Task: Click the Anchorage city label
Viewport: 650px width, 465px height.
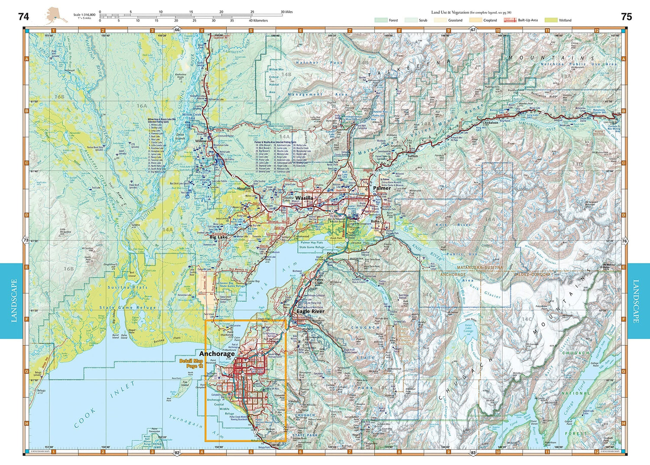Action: click(x=217, y=354)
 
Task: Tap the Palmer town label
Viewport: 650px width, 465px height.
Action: click(x=382, y=188)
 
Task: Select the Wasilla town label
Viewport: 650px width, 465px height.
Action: click(x=304, y=198)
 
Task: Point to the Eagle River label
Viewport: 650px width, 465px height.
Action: click(x=310, y=311)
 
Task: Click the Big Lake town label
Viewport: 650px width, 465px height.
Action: click(x=218, y=237)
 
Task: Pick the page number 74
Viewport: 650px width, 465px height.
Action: click(x=23, y=16)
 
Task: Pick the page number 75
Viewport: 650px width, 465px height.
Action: click(x=626, y=16)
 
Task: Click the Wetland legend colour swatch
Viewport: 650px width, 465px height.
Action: click(x=551, y=20)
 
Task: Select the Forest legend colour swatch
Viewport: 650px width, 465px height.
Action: click(x=381, y=20)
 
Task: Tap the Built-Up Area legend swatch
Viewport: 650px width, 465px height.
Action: click(x=510, y=20)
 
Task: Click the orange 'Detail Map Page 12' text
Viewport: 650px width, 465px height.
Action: click(x=191, y=364)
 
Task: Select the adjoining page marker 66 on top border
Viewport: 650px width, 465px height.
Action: click(x=177, y=30)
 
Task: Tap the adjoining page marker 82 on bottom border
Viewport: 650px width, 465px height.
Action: click(x=177, y=453)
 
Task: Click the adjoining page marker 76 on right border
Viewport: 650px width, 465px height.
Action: click(x=624, y=241)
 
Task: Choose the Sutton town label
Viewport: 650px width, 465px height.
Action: click(x=413, y=156)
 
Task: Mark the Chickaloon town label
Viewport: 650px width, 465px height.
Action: click(x=490, y=123)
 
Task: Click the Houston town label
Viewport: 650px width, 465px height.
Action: click(x=244, y=189)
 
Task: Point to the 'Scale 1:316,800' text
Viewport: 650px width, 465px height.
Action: click(x=84, y=15)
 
